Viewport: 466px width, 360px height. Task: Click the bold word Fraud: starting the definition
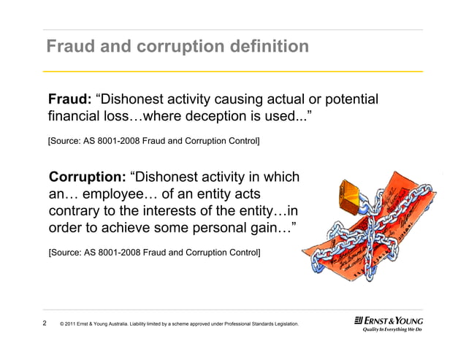pyautogui.click(x=69, y=99)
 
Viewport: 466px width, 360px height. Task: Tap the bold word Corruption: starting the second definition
pyautogui.click(x=87, y=177)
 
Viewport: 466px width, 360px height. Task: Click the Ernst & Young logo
pyautogui.click(x=388, y=320)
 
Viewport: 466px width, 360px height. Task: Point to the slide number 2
pyautogui.click(x=45, y=323)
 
